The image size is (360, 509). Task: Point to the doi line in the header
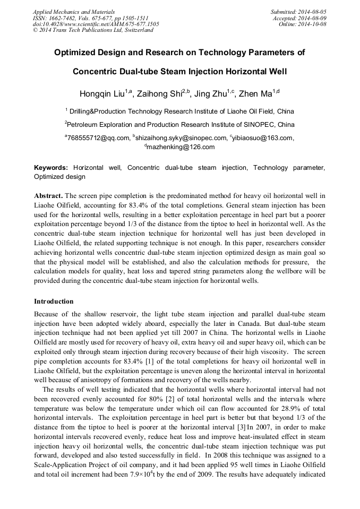[96, 24]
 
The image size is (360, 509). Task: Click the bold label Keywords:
[51, 168]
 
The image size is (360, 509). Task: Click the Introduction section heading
[54, 301]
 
